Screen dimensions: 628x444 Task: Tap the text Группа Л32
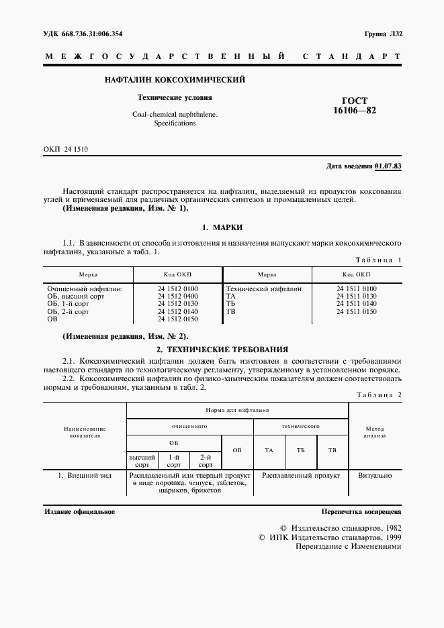(382, 34)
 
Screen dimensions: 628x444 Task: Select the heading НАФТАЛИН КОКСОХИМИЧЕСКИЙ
(175, 80)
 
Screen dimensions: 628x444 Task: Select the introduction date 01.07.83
(388, 165)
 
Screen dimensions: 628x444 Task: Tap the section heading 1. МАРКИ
(222, 228)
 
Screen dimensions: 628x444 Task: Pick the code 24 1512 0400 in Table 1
(177, 296)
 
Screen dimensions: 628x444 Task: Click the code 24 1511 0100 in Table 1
(356, 289)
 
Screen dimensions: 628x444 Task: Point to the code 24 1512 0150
(177, 319)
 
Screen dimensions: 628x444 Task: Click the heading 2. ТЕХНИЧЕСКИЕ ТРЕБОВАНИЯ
(222, 350)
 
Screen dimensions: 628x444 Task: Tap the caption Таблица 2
(378, 395)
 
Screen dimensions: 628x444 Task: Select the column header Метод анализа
(374, 431)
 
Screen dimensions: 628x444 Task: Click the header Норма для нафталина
(237, 409)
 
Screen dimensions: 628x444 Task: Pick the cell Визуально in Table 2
(374, 474)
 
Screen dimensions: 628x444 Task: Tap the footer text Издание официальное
(79, 511)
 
